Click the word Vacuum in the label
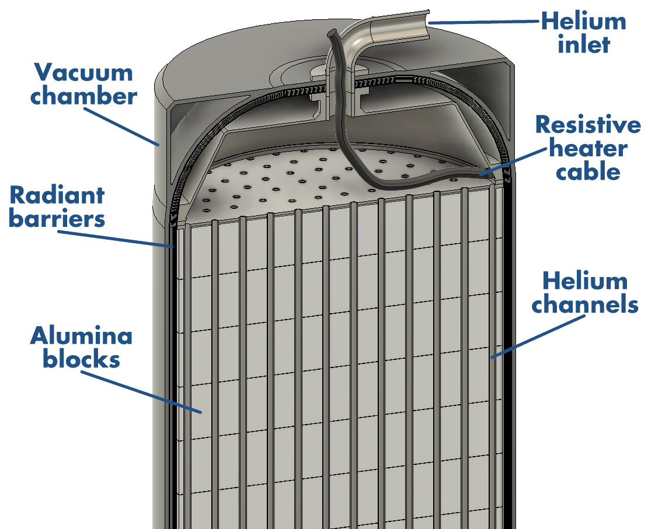coord(83,73)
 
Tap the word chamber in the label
coord(83,96)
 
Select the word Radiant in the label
coord(57,195)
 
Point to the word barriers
coord(57,218)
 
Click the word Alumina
coord(81,335)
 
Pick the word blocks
coord(81,359)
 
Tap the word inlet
coord(584,44)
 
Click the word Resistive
coord(588,124)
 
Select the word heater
coord(588,148)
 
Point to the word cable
coord(588,171)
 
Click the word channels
coord(585,305)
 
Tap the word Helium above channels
coord(585,281)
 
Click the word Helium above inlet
coord(584,21)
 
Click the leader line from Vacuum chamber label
coord(121,127)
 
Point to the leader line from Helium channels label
coord(538,336)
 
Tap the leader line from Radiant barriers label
coord(116,239)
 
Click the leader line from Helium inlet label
coord(485,22)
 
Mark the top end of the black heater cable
coord(332,32)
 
